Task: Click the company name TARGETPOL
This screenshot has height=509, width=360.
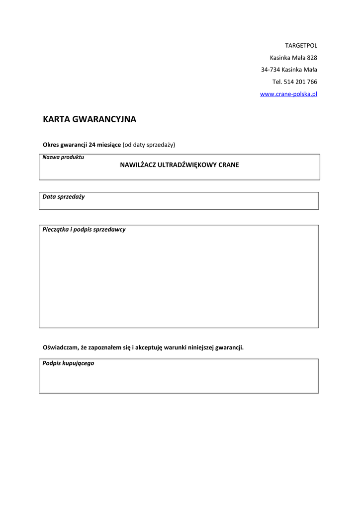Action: pyautogui.click(x=301, y=46)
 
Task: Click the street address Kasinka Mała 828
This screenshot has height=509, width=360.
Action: pyautogui.click(x=293, y=58)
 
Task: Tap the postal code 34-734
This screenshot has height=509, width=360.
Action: pyautogui.click(x=270, y=70)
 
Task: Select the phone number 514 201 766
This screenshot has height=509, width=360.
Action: pyautogui.click(x=300, y=82)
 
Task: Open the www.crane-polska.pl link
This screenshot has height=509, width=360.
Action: pyautogui.click(x=288, y=94)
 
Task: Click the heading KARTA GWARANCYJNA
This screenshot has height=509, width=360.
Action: pyautogui.click(x=90, y=119)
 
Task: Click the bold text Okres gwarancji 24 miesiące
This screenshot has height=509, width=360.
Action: pyautogui.click(x=82, y=145)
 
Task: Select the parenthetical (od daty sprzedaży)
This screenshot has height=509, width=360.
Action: pyautogui.click(x=149, y=145)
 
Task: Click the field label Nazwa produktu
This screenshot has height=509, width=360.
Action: pyautogui.click(x=63, y=158)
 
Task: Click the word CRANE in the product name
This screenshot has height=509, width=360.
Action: pyautogui.click(x=229, y=165)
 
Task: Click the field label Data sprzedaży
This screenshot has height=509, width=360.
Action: pyautogui.click(x=64, y=197)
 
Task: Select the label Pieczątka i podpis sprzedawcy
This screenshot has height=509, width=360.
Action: pyautogui.click(x=84, y=230)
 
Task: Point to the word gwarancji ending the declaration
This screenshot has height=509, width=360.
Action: pyautogui.click(x=229, y=347)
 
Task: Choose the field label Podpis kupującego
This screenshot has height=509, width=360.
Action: pyautogui.click(x=68, y=363)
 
